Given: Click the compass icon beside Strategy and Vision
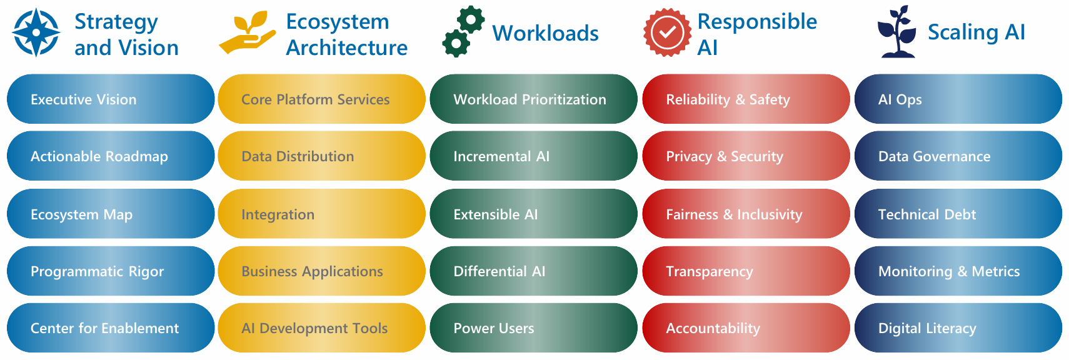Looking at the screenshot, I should point(36,32).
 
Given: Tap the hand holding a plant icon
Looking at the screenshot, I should point(247,34).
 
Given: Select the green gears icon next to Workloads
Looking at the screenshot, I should point(463,32).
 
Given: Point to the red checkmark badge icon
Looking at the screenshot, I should point(667,32).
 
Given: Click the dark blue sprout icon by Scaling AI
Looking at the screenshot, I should point(898,32).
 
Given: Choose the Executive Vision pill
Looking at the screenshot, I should point(111,99).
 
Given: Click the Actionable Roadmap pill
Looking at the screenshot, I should point(111,156).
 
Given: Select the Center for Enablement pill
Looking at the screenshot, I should point(111,328).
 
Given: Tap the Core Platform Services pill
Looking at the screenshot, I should point(321,99).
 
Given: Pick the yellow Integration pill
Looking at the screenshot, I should point(321,214).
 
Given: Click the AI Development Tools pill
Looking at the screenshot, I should point(321,328).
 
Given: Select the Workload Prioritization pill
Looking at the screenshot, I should point(533,99).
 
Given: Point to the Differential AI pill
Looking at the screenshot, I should point(533,271).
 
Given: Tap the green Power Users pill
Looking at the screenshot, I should point(533,328).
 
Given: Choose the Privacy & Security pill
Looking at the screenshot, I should point(745,156).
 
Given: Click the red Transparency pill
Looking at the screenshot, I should point(745,271).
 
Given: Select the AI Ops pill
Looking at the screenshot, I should point(958,99).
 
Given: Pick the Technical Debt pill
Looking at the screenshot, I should point(958,214).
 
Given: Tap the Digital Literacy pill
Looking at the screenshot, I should point(958,328).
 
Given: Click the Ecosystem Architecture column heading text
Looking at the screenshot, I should point(346,34).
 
